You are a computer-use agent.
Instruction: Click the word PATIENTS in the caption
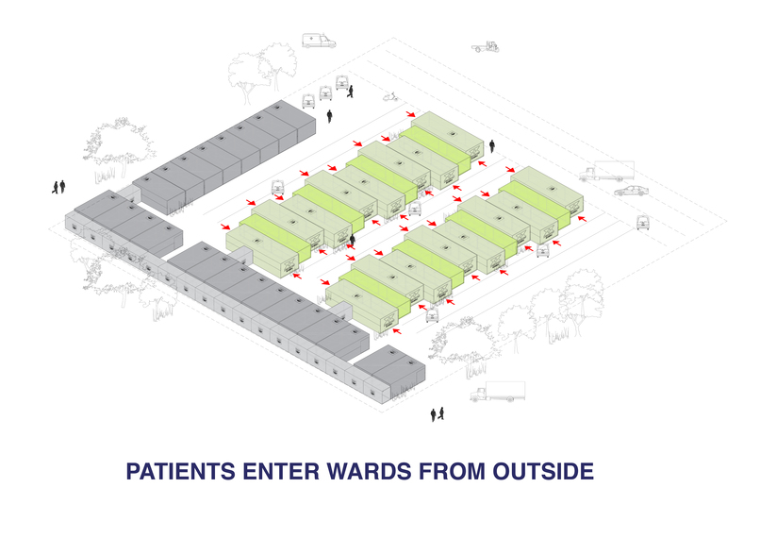click(x=181, y=472)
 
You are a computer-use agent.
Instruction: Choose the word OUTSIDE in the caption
click(x=543, y=472)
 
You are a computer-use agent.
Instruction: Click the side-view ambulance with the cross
click(x=319, y=41)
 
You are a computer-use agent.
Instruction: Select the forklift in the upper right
click(x=486, y=46)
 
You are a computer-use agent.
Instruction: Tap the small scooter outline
click(x=391, y=96)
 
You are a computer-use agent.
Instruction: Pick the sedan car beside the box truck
click(x=631, y=191)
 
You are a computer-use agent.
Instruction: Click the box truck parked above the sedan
click(x=606, y=171)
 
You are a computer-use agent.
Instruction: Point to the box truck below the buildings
click(x=498, y=392)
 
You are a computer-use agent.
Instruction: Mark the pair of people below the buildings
click(x=438, y=414)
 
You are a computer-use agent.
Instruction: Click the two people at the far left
click(x=58, y=187)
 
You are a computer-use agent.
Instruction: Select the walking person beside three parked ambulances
click(x=350, y=92)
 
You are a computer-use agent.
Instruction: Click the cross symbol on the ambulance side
click(x=310, y=38)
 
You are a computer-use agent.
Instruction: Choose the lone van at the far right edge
click(x=643, y=222)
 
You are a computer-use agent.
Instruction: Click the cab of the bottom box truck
click(x=479, y=394)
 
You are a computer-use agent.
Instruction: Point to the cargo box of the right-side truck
click(x=615, y=169)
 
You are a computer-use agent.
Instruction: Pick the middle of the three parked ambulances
click(x=325, y=92)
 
